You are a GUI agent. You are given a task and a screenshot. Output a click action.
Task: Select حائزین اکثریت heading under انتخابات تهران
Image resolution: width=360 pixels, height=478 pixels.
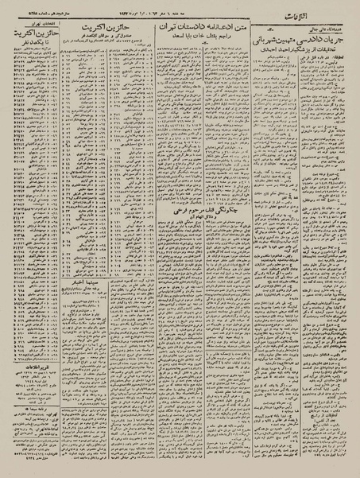32,33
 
